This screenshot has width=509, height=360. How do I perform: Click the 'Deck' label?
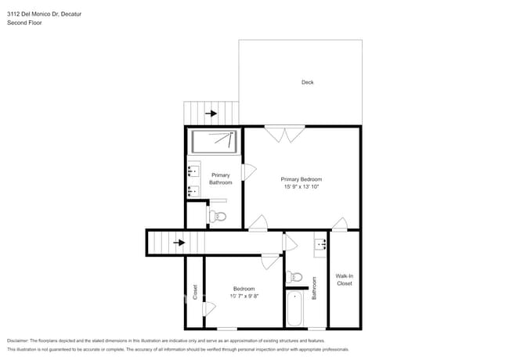pyautogui.click(x=307, y=82)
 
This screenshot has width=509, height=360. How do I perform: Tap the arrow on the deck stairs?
pyautogui.click(x=211, y=113)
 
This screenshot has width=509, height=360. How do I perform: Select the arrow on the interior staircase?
pyautogui.click(x=179, y=243)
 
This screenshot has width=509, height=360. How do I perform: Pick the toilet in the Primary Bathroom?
pyautogui.click(x=218, y=215)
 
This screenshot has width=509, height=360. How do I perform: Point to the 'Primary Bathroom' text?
pyautogui.click(x=220, y=178)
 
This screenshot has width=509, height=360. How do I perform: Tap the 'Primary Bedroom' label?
pyautogui.click(x=301, y=179)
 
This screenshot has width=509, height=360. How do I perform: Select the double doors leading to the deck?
pyautogui.click(x=283, y=134)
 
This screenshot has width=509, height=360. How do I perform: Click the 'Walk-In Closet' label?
pyautogui.click(x=345, y=279)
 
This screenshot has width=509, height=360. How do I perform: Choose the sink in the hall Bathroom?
pyautogui.click(x=319, y=244)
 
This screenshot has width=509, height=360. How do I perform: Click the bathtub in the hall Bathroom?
pyautogui.click(x=295, y=309)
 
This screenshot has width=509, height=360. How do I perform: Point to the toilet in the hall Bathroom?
pyautogui.click(x=295, y=276)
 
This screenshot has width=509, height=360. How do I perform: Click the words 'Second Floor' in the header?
pyautogui.click(x=24, y=23)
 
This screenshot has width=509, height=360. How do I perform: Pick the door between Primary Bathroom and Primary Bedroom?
pyautogui.click(x=250, y=172)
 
